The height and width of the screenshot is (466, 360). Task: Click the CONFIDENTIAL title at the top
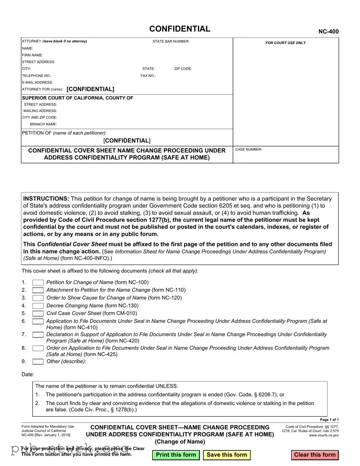coord(180,29)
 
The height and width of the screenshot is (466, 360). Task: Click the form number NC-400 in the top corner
coord(328,32)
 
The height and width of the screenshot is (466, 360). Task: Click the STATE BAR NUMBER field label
coord(171,41)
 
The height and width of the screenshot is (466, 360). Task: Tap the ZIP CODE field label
coord(183,69)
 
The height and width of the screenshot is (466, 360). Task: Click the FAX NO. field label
coord(148,76)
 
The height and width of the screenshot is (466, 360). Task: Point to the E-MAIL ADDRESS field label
coord(37,82)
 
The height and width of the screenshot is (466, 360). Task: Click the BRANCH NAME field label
coord(43,124)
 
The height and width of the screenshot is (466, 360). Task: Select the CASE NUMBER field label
coord(248,150)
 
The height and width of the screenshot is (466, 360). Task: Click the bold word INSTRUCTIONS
coord(46,198)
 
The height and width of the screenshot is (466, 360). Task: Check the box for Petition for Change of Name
coord(38,282)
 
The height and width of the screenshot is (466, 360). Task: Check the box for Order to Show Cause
coord(38,298)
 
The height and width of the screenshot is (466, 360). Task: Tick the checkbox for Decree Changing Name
coord(38,306)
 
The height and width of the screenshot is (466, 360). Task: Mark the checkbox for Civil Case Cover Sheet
coord(38,313)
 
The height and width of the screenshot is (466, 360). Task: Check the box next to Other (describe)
coord(38,362)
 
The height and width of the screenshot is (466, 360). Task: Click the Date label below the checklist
coord(28,375)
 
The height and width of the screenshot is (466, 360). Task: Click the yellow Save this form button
coord(227,455)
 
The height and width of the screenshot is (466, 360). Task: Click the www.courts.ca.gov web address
coord(324,435)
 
